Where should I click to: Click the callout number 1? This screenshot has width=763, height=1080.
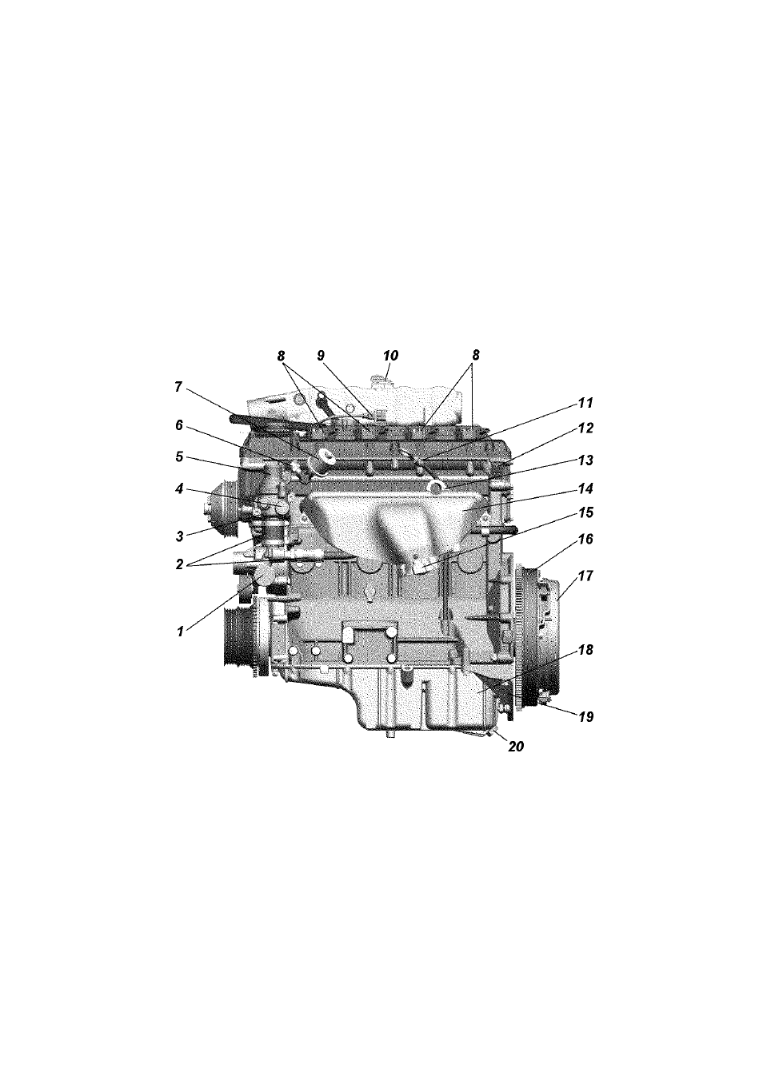coord(180,632)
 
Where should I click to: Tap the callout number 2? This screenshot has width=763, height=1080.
coord(179,564)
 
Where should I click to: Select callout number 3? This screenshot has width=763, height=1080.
coord(179,535)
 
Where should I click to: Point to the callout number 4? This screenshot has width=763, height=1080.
coord(179,489)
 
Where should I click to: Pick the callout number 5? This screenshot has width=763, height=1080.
coord(179,456)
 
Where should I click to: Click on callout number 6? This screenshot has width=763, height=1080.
coord(179,424)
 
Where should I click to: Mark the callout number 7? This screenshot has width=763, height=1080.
coord(178,387)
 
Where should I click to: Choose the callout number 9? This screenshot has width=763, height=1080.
coord(321,356)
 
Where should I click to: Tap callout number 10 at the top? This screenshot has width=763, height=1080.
coord(390,356)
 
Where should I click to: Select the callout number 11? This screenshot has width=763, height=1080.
coord(585,403)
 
